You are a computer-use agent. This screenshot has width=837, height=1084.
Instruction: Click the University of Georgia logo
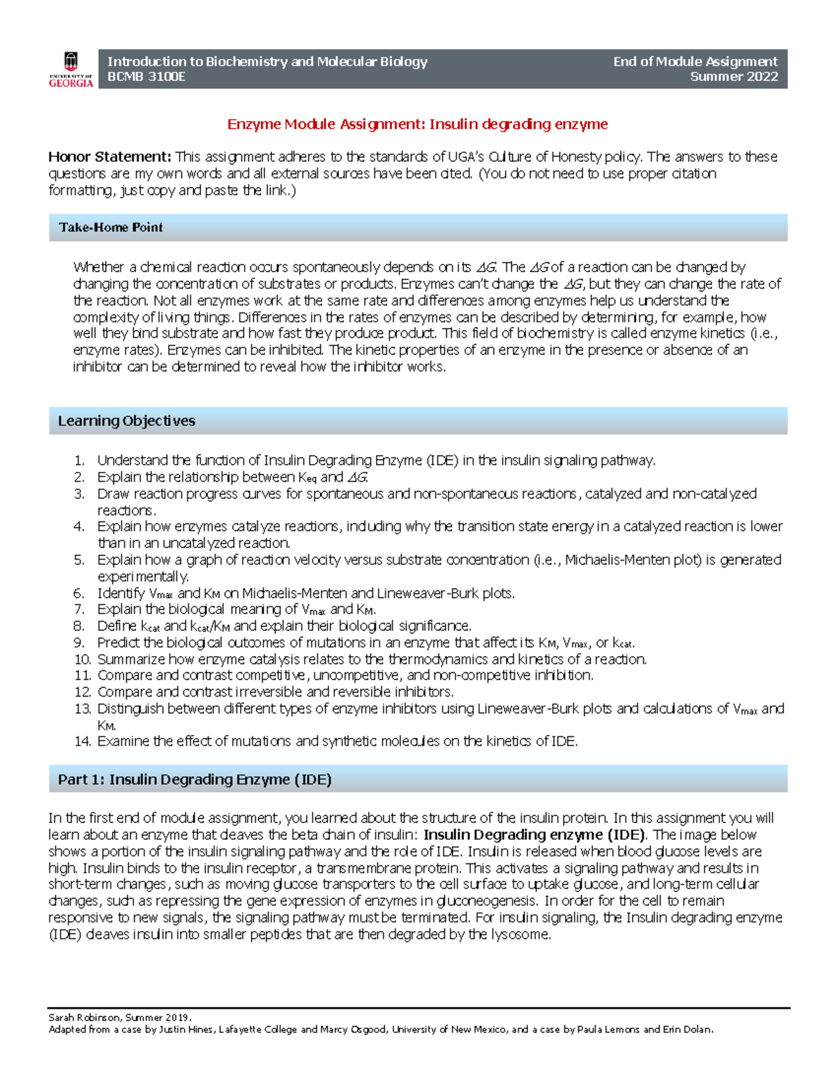[x=70, y=69]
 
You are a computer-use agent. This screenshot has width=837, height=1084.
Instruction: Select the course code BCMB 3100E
[x=146, y=77]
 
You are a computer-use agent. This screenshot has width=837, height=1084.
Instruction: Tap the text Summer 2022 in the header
[x=734, y=77]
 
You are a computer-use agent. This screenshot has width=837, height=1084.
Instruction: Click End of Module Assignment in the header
[x=695, y=61]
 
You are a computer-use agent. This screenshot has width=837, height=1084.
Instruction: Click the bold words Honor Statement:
[x=110, y=157]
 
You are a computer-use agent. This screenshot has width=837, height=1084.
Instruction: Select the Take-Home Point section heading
[x=111, y=228]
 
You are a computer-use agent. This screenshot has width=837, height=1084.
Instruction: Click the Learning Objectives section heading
[x=126, y=421]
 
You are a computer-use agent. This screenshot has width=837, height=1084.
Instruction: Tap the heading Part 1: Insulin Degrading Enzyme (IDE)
[x=195, y=780]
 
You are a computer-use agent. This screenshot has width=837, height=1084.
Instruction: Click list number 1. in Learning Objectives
[x=80, y=461]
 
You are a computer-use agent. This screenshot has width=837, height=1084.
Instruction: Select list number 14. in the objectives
[x=83, y=742]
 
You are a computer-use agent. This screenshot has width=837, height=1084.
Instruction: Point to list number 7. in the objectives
[x=80, y=609]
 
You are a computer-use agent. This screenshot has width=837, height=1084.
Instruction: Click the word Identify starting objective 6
[x=121, y=594]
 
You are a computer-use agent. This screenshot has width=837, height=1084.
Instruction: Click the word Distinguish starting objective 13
[x=130, y=709]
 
